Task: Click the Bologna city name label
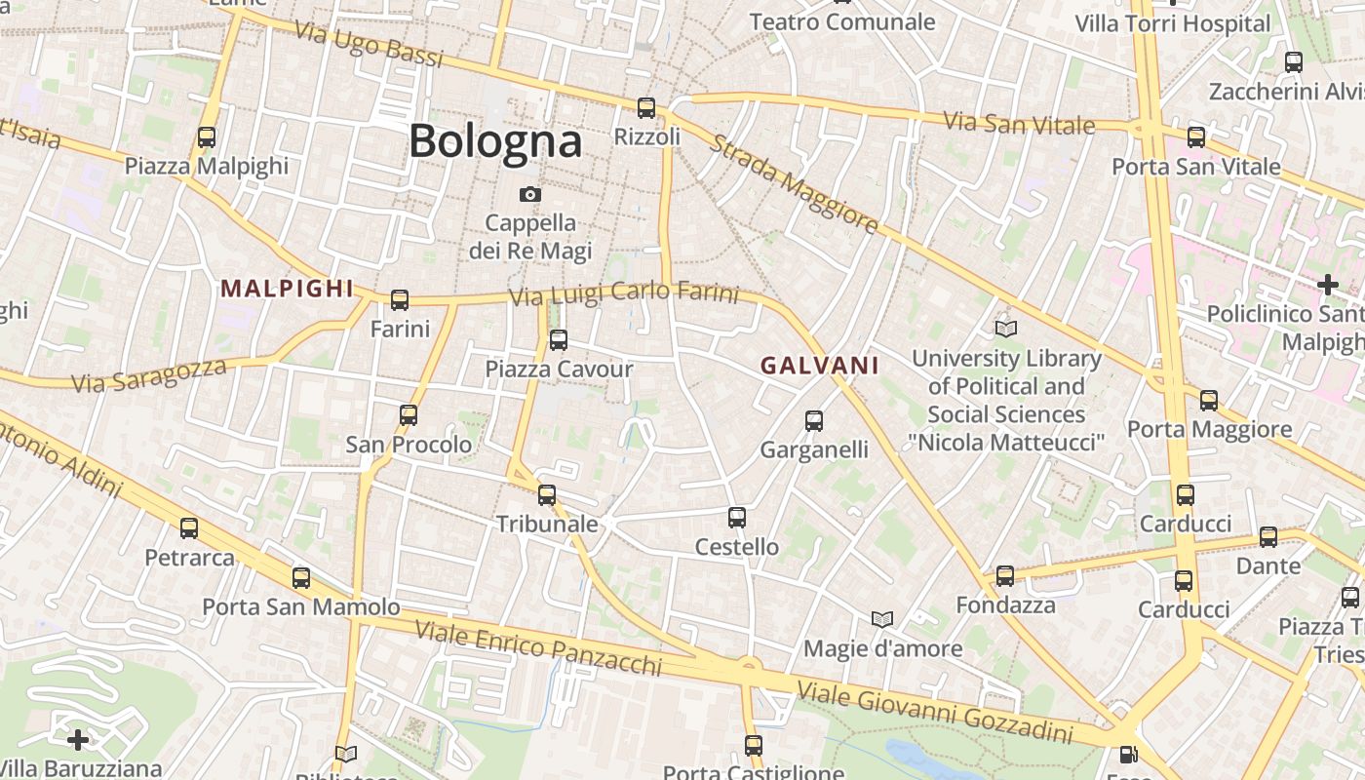(x=495, y=141)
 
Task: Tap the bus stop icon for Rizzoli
(x=646, y=108)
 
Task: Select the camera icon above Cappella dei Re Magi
(x=529, y=195)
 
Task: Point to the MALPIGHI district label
(x=287, y=289)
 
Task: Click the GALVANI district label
(x=819, y=366)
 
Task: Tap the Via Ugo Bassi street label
(x=369, y=45)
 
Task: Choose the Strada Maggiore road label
(x=793, y=184)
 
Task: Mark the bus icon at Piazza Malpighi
(x=207, y=137)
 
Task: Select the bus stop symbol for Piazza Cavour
(x=559, y=340)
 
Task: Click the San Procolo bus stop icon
(x=409, y=415)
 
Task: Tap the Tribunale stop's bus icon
(x=547, y=495)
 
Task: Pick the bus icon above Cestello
(x=737, y=518)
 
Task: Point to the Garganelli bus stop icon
(x=814, y=421)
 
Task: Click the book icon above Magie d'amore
(x=882, y=620)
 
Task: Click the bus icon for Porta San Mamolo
(x=301, y=578)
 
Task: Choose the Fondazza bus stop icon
(x=1005, y=576)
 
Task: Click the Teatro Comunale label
(x=842, y=21)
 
